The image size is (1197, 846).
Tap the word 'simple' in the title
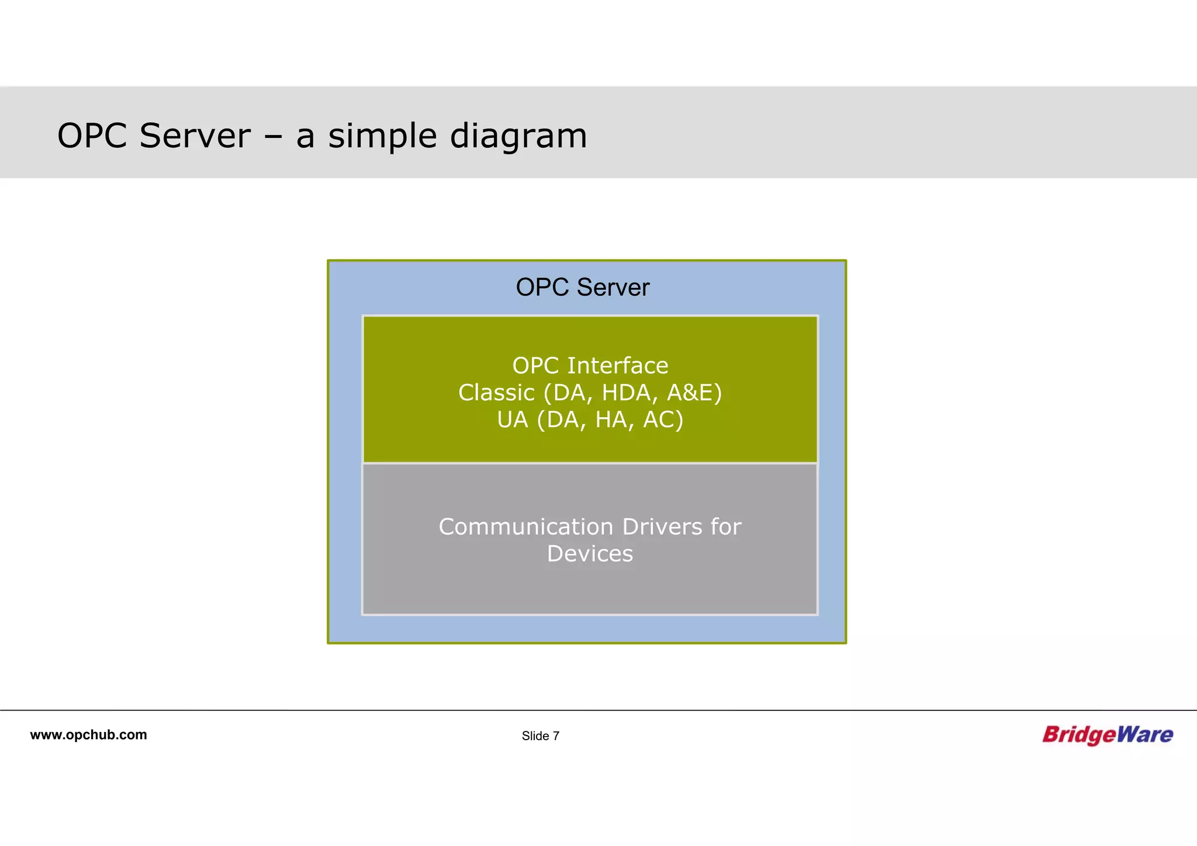[x=382, y=137]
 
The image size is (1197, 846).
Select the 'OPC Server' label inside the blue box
[x=582, y=287]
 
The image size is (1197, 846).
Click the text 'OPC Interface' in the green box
[x=590, y=366]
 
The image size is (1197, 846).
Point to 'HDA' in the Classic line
[x=626, y=393]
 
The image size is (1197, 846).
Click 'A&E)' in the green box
[x=694, y=393]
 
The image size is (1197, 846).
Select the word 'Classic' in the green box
[x=496, y=393]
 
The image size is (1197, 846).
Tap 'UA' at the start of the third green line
[x=512, y=419]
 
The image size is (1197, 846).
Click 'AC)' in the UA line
[x=663, y=419]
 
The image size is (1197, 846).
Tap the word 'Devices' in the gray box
[x=590, y=554]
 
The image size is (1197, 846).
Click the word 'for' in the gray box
[x=726, y=527]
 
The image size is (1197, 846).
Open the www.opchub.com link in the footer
[x=88, y=735]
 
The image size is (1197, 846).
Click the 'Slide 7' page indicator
[x=540, y=736]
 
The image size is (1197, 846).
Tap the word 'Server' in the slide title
[x=195, y=136]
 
